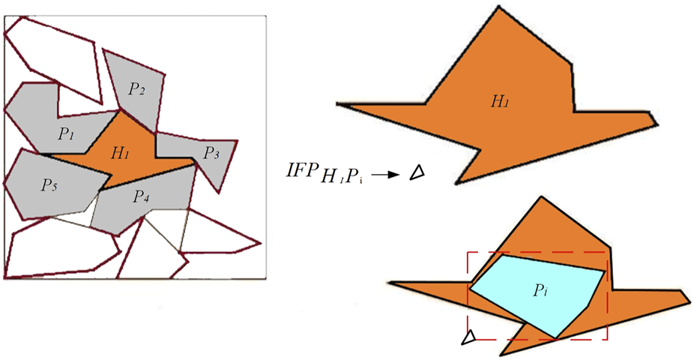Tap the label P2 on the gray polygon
pyautogui.click(x=136, y=89)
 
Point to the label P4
pyautogui.click(x=142, y=196)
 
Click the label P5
pyautogui.click(x=49, y=185)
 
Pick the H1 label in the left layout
pyautogui.click(x=120, y=153)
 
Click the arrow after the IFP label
pyautogui.click(x=385, y=174)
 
